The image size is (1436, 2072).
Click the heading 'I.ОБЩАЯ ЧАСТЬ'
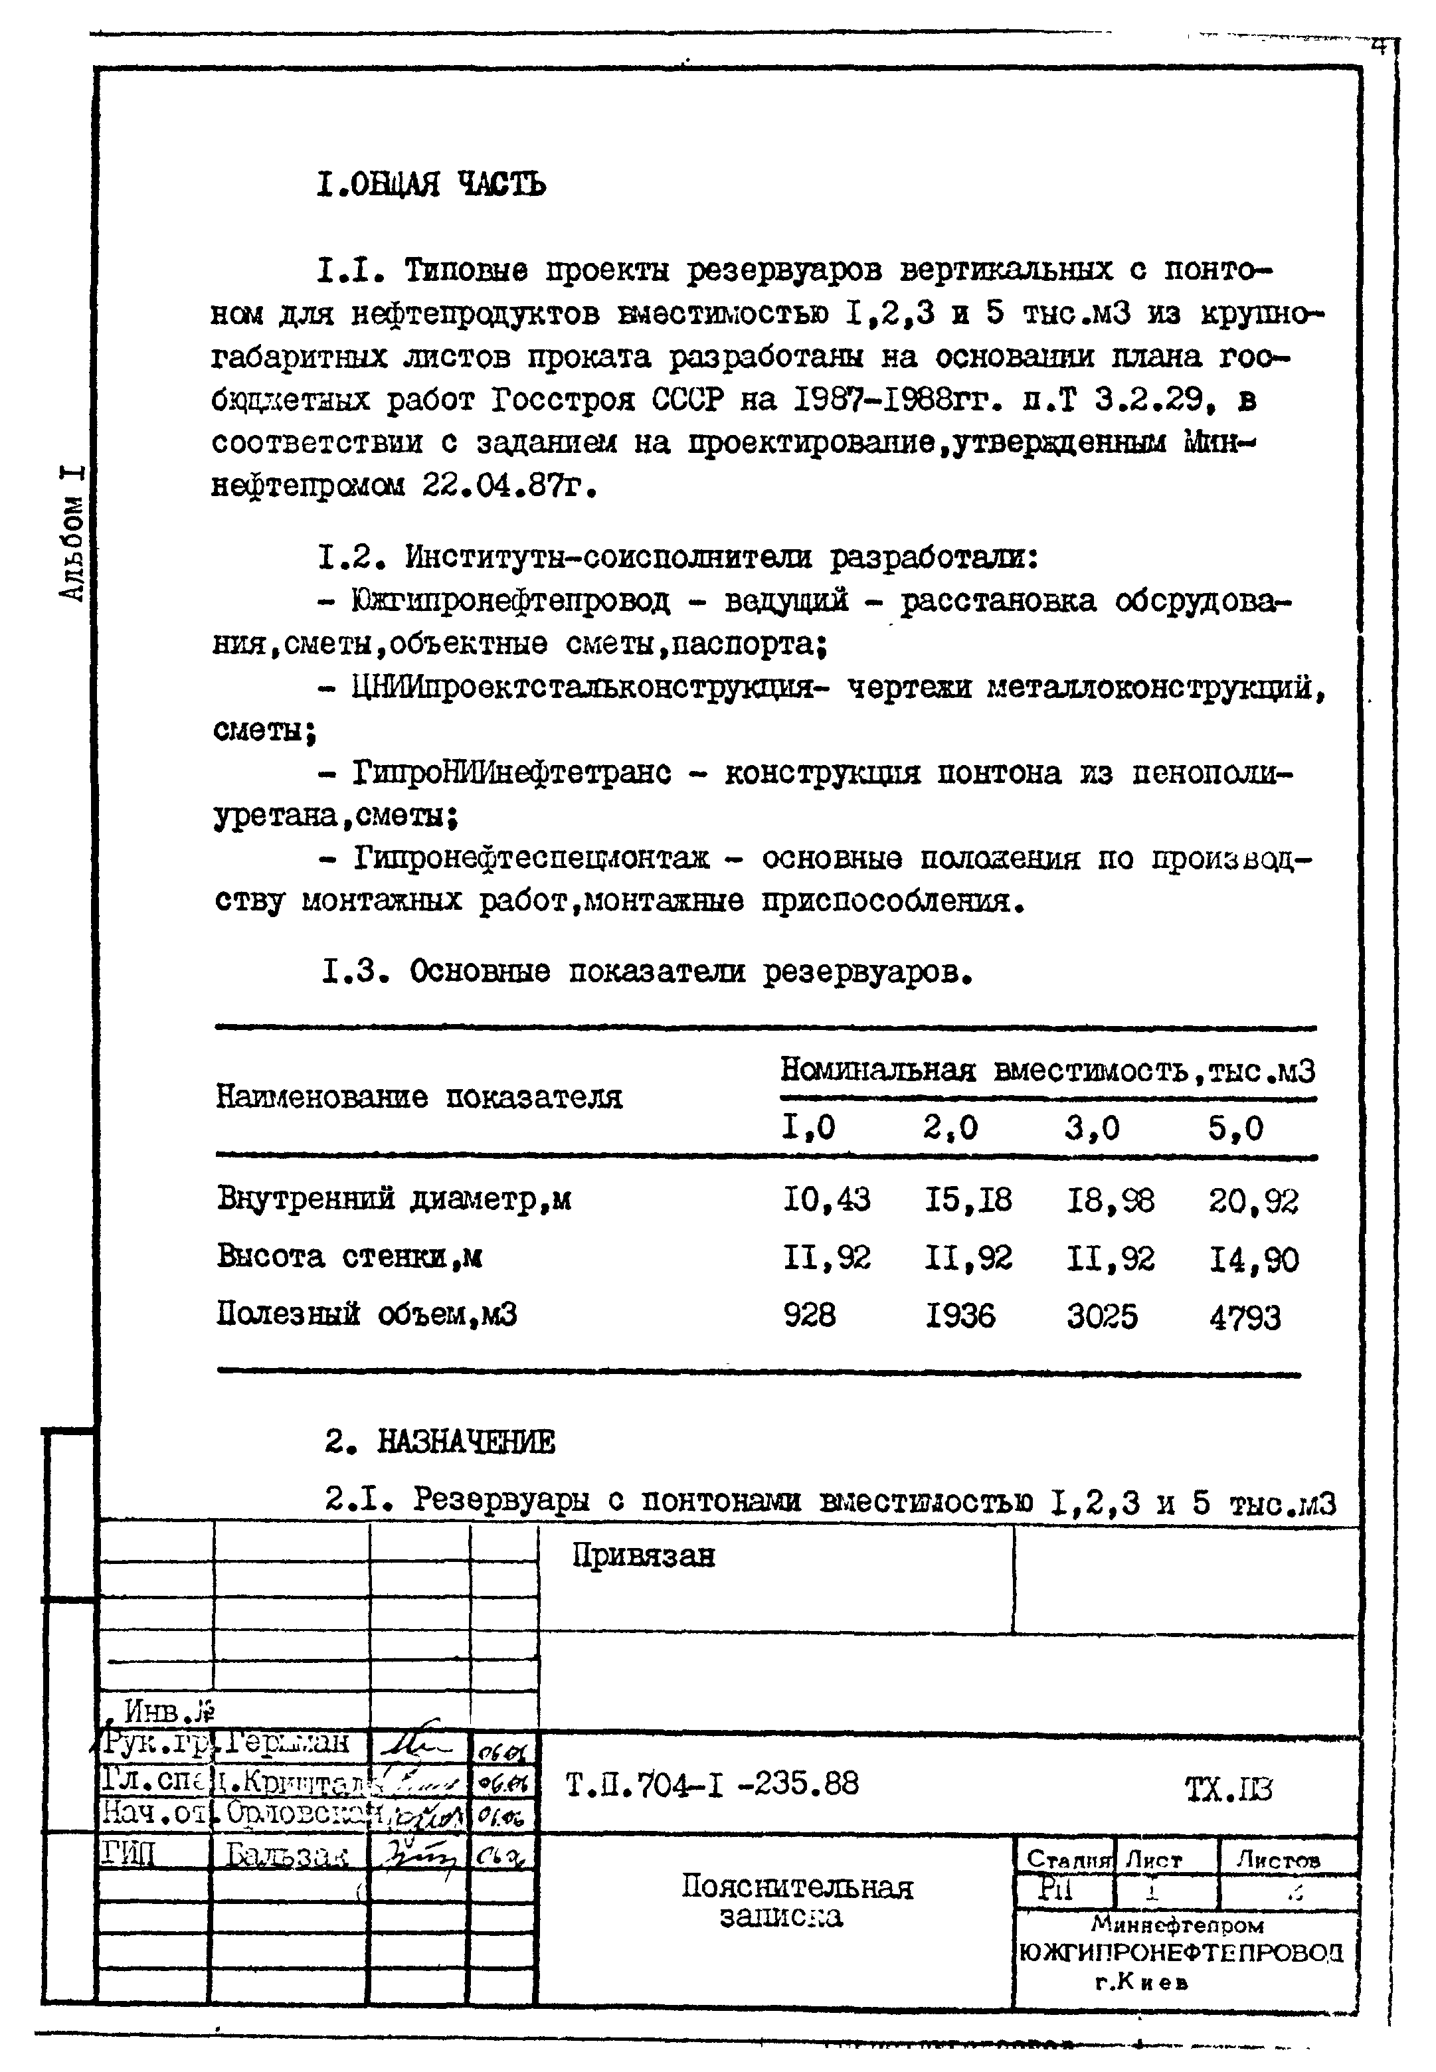point(431,185)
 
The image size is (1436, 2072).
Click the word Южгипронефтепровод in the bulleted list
point(510,601)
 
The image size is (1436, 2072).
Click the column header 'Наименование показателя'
point(419,1096)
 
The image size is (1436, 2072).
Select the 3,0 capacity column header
point(1093,1128)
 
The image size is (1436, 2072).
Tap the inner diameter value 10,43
point(826,1200)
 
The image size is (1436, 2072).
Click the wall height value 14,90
point(1253,1258)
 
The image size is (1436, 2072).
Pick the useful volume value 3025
point(1102,1317)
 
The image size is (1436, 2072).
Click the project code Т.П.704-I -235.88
point(712,1783)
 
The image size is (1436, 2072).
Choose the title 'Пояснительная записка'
point(796,1901)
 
